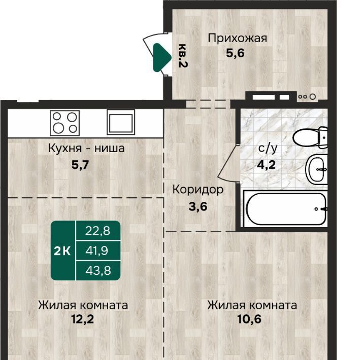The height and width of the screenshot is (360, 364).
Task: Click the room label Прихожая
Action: coord(237,39)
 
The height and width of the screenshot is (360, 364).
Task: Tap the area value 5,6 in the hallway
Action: coord(235,54)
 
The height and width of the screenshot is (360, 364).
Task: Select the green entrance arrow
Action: coord(162,57)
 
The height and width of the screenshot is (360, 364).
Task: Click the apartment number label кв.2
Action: coord(183,56)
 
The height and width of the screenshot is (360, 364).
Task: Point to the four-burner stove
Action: coord(65,123)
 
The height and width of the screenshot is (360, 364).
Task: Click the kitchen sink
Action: coord(121,122)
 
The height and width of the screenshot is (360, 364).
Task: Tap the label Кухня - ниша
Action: coord(86,149)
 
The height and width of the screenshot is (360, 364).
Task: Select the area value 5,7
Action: coord(80,165)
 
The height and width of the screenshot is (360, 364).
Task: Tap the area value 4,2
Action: coord(266,165)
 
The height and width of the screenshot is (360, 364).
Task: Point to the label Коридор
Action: coord(198,190)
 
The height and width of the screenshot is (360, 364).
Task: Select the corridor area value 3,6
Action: coord(198,206)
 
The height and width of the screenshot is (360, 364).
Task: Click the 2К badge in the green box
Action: coord(62,251)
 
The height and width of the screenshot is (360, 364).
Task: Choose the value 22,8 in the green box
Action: coord(97,231)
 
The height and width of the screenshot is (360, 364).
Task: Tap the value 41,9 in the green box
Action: coord(97,251)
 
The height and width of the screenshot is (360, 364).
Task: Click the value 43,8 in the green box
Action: coord(98,271)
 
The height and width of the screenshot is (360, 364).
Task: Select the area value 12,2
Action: coord(83,319)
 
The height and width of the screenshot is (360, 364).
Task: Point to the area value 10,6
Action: coord(249,319)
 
